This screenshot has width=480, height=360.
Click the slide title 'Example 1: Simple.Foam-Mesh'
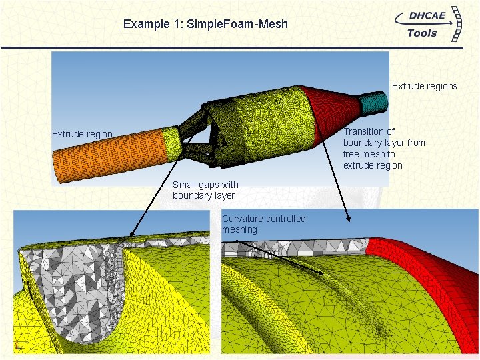(205, 24)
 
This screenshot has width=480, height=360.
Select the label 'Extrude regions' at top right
(424, 86)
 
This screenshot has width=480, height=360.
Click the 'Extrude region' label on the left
(82, 134)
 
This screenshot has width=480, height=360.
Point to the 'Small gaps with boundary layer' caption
(205, 190)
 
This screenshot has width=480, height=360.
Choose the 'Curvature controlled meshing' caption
(263, 224)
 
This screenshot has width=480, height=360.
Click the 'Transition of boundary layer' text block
(383, 148)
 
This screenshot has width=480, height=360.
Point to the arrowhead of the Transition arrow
(348, 217)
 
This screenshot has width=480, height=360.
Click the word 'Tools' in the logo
(421, 33)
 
